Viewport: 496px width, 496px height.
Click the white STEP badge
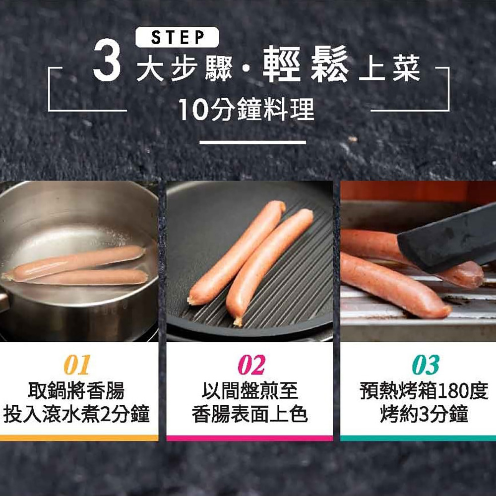click(x=177, y=37)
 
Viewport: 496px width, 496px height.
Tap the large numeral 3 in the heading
click(x=107, y=60)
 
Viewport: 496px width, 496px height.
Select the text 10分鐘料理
click(x=247, y=109)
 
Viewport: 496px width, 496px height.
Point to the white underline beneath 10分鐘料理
click(x=253, y=142)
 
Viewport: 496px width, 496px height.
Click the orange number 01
click(x=77, y=365)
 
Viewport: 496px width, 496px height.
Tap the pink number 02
click(x=251, y=365)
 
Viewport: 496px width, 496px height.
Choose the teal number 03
click(x=426, y=365)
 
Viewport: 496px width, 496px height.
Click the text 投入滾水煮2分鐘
click(x=76, y=414)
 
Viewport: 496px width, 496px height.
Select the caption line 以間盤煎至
click(x=250, y=391)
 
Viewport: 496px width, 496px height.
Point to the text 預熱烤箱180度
click(x=424, y=391)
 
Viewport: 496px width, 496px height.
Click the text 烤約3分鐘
click(x=424, y=414)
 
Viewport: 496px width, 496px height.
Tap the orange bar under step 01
click(x=79, y=438)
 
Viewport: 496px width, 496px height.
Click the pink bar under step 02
click(x=249, y=438)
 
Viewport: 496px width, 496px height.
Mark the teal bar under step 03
click(x=418, y=438)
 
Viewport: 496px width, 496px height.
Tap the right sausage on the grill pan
click(x=269, y=266)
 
